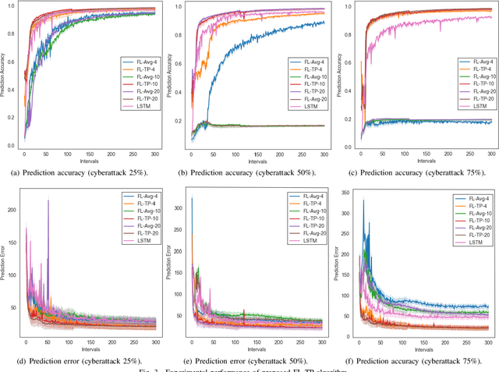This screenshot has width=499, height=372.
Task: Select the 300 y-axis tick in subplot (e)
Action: click(179, 208)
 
